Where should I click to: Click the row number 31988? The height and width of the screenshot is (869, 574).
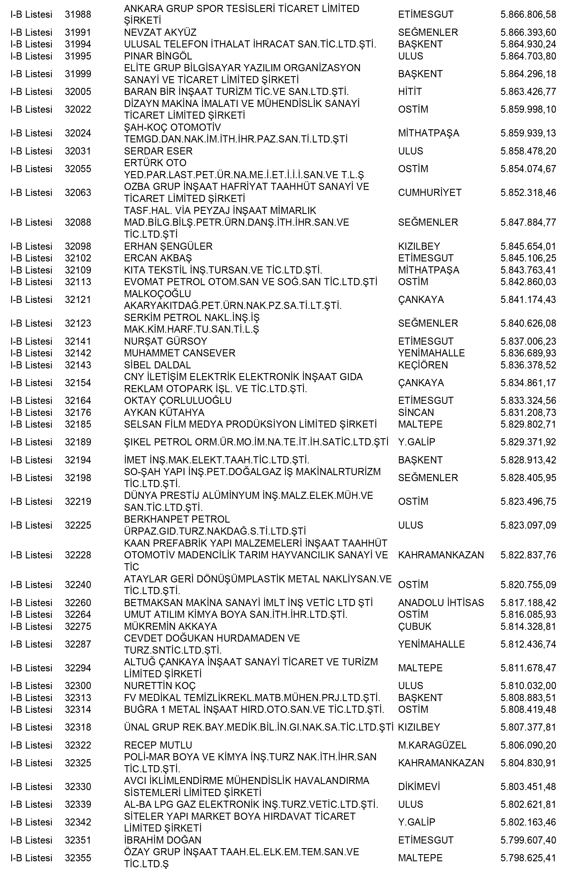(78, 15)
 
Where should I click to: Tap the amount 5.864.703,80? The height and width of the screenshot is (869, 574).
(528, 56)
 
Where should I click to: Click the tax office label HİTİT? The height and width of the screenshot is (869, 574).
(410, 92)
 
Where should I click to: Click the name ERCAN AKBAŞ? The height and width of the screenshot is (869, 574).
(158, 259)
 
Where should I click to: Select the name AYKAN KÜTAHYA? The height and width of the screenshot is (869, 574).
(164, 413)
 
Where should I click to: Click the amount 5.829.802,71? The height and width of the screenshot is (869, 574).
(528, 425)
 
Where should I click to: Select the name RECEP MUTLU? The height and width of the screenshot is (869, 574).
(158, 745)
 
